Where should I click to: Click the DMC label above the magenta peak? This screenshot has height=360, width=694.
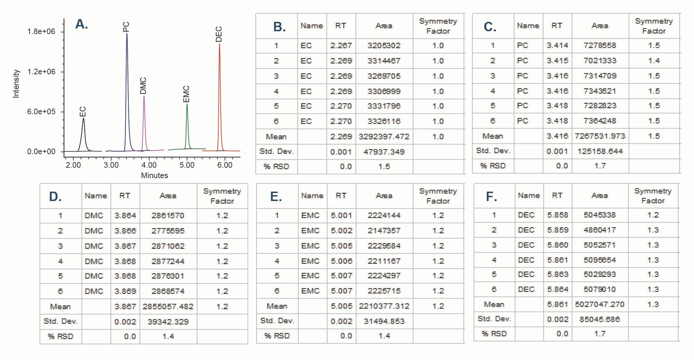tap(143, 85)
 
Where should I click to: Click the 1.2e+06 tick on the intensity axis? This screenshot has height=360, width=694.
tap(41, 72)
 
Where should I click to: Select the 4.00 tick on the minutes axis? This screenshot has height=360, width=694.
tap(149, 165)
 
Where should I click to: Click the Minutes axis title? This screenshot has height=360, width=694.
tap(154, 176)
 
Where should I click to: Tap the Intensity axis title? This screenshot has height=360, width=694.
tap(16, 84)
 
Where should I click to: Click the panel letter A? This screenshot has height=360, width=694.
tap(82, 24)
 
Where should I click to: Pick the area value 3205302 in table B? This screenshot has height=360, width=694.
tap(384, 45)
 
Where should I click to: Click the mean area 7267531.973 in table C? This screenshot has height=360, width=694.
tap(600, 136)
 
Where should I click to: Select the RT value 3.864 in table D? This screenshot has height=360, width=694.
tap(125, 216)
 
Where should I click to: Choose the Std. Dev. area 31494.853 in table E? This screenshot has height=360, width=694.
tap(384, 321)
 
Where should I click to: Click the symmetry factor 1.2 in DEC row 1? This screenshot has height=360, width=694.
tap(653, 215)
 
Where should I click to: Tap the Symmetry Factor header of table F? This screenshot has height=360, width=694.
tap(653, 196)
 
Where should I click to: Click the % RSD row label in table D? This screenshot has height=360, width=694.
tap(60, 336)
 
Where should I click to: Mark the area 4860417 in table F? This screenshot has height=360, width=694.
tap(600, 230)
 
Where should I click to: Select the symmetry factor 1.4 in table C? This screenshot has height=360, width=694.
tap(654, 61)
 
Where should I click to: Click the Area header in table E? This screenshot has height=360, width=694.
tap(384, 196)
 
